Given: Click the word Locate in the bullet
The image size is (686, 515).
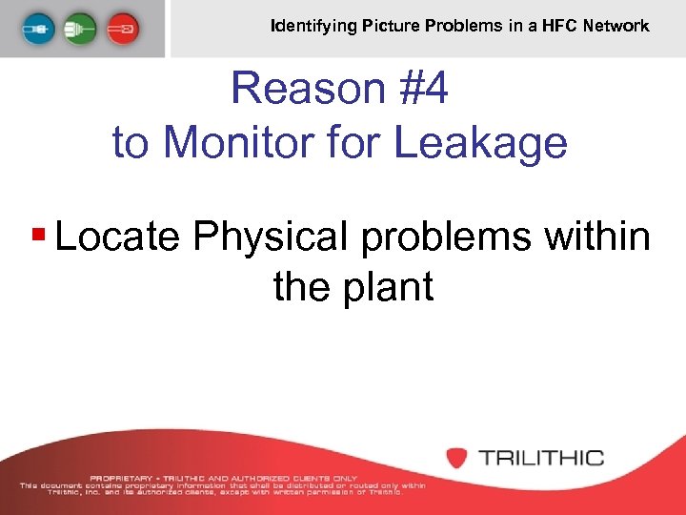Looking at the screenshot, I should pyautogui.click(x=117, y=236).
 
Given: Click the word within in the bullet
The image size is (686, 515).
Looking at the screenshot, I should pyautogui.click(x=597, y=236).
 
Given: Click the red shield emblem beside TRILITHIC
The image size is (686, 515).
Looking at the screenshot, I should pyautogui.click(x=457, y=458).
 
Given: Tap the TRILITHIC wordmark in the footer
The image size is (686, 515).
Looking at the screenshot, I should pyautogui.click(x=540, y=458).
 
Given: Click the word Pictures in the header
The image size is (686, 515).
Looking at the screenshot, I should pyautogui.click(x=389, y=26).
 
